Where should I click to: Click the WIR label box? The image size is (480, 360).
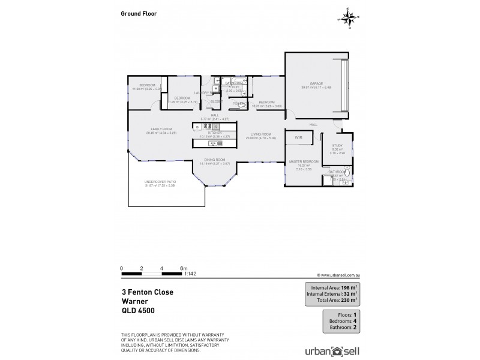pos(298,139)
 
